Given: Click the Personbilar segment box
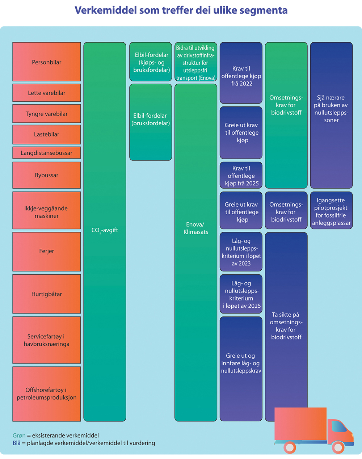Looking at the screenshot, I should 47,62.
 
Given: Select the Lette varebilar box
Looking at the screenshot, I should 47,93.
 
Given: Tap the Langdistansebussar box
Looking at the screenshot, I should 47,153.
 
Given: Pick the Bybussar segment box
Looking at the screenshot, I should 47,175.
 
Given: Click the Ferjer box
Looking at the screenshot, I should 47,251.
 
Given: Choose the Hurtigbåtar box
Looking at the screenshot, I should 47,294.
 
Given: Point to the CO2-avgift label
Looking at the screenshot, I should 105,230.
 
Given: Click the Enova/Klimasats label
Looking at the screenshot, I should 195,228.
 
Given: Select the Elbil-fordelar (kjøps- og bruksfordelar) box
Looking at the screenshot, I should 151,62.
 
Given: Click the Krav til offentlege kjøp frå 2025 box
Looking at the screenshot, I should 241,176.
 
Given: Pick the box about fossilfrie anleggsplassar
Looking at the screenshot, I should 331,211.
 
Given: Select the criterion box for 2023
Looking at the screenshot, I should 241,252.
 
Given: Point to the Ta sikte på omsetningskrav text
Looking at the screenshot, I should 286,326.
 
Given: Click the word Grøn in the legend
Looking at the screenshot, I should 19,435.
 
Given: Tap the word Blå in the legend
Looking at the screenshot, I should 17,443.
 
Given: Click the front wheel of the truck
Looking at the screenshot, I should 338,447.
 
